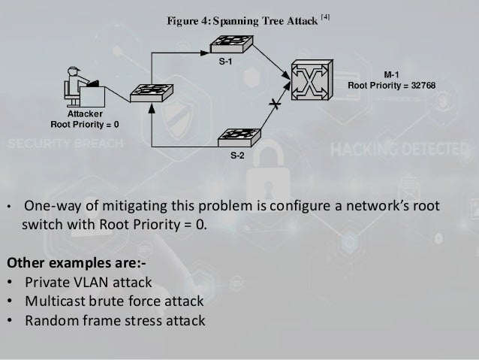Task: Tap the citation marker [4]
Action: (324, 16)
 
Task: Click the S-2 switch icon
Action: (237, 138)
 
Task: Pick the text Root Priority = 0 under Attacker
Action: (85, 124)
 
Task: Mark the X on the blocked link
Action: (276, 107)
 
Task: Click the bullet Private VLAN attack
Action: (88, 283)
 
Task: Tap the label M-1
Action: (391, 74)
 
